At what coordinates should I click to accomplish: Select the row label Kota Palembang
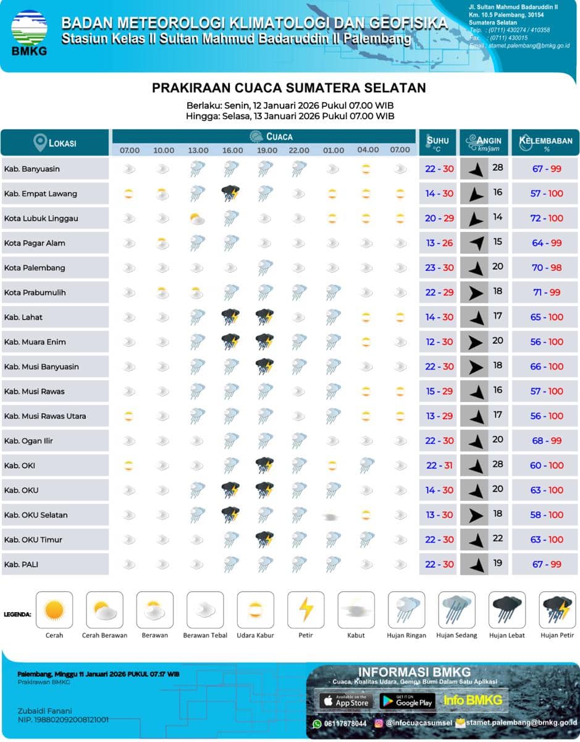(x=35, y=268)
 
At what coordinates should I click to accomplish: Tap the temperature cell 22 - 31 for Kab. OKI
(x=439, y=466)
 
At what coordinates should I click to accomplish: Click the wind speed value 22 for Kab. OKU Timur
(x=498, y=539)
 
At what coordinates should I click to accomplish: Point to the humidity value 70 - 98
(x=547, y=268)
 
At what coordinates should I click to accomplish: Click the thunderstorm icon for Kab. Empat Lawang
(x=231, y=193)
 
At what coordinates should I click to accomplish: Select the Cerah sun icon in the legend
(x=54, y=610)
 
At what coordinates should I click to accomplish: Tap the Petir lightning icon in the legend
(x=306, y=610)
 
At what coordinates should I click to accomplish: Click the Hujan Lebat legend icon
(x=507, y=610)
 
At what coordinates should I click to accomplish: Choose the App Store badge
(x=346, y=701)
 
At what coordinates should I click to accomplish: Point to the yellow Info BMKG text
(x=473, y=701)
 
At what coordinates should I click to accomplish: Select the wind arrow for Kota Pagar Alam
(x=474, y=243)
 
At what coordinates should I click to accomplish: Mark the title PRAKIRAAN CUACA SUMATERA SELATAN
(x=289, y=88)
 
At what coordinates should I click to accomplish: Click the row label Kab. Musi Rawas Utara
(x=45, y=416)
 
